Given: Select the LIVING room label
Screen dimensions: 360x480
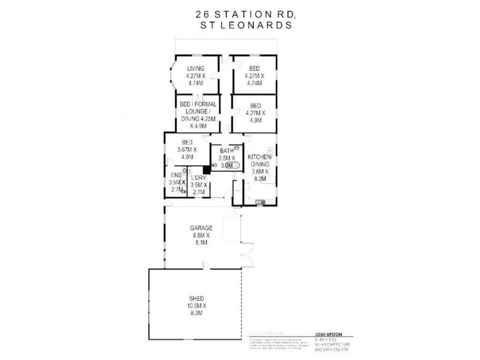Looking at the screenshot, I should coord(196,68).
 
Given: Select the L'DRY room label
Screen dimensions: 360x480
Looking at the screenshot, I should coord(198,178).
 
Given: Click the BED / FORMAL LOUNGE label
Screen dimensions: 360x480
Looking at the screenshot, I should coord(196,112).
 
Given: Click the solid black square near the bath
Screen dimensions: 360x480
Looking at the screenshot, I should coord(206,169).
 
